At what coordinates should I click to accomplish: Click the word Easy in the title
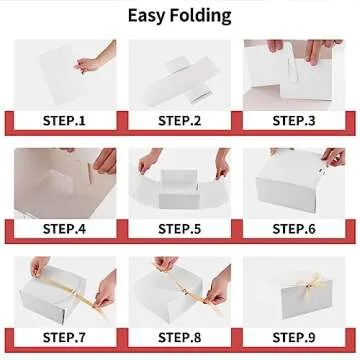[x=150, y=15]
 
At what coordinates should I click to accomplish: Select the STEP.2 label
[x=179, y=120]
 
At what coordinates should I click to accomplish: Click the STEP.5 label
[x=179, y=228]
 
